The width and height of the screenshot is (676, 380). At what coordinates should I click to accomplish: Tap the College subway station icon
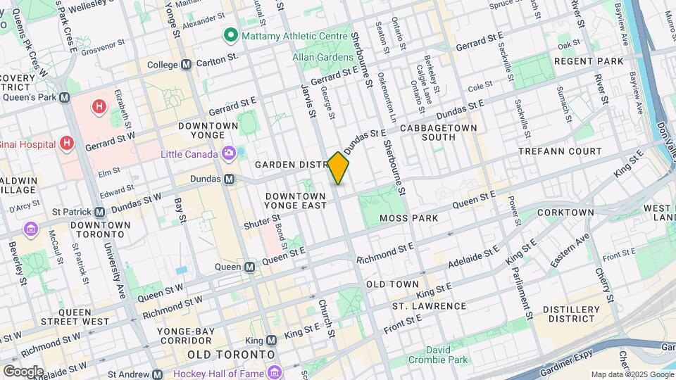tap(186, 65)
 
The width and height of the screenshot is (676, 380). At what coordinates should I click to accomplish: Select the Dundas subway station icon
tap(230, 179)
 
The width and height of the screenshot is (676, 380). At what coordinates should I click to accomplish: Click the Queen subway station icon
tap(249, 267)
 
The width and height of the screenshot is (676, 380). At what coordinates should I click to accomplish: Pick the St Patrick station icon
tap(100, 212)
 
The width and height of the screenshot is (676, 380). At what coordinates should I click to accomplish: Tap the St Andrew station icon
tap(156, 375)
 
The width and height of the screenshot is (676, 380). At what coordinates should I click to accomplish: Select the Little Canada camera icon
tap(229, 153)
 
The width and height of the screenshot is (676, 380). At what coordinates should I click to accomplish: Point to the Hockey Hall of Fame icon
tap(273, 371)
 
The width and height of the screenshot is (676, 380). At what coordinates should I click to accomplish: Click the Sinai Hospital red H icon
tap(67, 144)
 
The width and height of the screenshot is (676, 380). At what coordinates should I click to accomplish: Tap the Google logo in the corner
tap(23, 372)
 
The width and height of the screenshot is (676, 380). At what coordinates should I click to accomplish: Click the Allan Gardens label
tap(324, 57)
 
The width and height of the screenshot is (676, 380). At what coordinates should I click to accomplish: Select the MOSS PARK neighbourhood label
tap(408, 218)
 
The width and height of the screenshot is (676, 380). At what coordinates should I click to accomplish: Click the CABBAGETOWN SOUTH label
tap(438, 132)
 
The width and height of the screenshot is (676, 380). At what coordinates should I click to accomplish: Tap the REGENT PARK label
tap(589, 61)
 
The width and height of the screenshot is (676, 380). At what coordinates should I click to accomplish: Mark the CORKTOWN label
tap(565, 212)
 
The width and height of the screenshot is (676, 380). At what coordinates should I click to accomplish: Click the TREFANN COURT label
tap(560, 151)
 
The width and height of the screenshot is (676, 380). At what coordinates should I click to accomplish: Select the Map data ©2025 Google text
tap(631, 374)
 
